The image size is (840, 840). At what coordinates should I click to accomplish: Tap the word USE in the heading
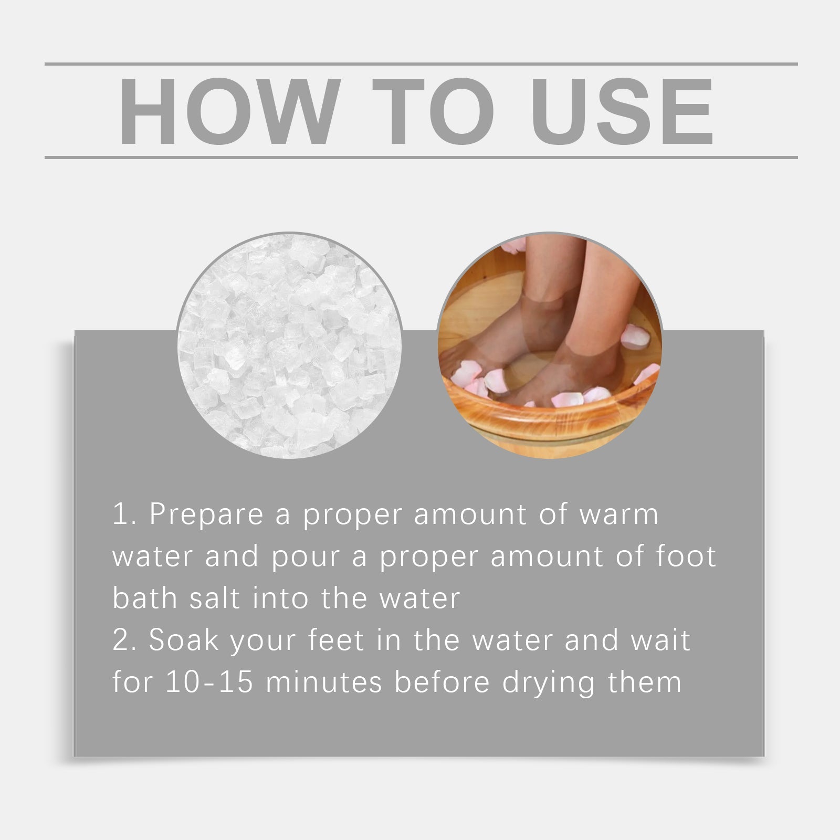click(623, 111)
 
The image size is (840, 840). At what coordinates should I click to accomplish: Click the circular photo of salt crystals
click(290, 345)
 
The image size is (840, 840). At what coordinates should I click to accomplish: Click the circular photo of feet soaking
click(550, 345)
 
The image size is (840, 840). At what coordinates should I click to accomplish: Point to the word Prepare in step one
click(206, 514)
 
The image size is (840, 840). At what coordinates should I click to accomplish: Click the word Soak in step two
click(183, 640)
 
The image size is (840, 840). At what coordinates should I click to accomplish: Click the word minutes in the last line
click(323, 682)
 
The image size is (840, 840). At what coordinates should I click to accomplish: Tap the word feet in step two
click(335, 640)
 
